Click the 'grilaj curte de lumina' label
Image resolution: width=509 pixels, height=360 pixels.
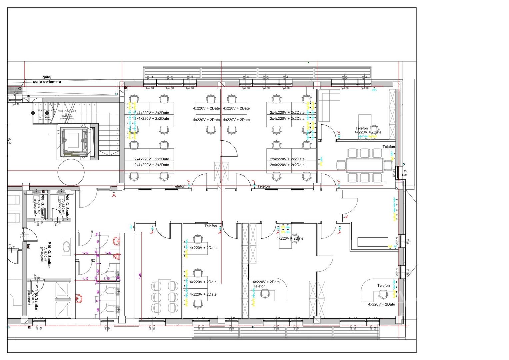tap(47, 79)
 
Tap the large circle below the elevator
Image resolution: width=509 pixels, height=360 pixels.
tap(71, 172)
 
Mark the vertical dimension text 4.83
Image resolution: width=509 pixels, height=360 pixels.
tap(140, 276)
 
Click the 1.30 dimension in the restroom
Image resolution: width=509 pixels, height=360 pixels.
tap(108, 253)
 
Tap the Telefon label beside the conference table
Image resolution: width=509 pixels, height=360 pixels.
tap(388, 147)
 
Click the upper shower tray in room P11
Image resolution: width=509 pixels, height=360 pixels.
tap(63, 290)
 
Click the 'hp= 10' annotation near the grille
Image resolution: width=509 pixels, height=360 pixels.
tap(16, 104)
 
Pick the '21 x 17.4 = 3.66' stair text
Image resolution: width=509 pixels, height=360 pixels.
tap(46, 111)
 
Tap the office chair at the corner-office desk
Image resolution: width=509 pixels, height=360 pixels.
tap(375, 129)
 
